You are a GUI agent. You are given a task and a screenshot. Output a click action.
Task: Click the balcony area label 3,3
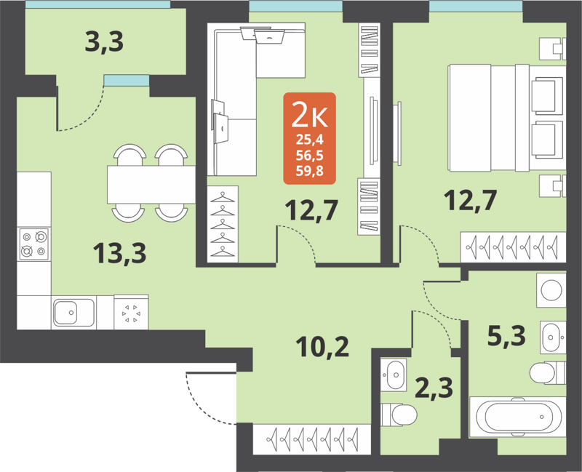pyautogui.click(x=104, y=42)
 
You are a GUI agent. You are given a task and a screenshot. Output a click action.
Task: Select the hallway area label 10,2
pyautogui.click(x=323, y=345)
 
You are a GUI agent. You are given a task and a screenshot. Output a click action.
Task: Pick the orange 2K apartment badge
pyautogui.click(x=309, y=138)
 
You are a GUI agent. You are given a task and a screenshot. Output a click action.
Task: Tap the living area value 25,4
pyautogui.click(x=310, y=142)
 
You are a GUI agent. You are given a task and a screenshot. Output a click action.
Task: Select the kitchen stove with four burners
pyautogui.click(x=33, y=244)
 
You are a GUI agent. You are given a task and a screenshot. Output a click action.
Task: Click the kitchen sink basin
pyautogui.click(x=73, y=313)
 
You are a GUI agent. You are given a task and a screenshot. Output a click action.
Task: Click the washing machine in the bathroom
pyautogui.click(x=551, y=288)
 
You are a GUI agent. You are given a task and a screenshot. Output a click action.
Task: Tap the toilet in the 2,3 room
pyautogui.click(x=399, y=415)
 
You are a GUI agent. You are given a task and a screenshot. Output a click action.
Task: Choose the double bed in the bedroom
pyautogui.click(x=506, y=120)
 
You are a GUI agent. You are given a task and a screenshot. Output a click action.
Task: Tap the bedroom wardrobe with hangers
pyautogui.click(x=514, y=247)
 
